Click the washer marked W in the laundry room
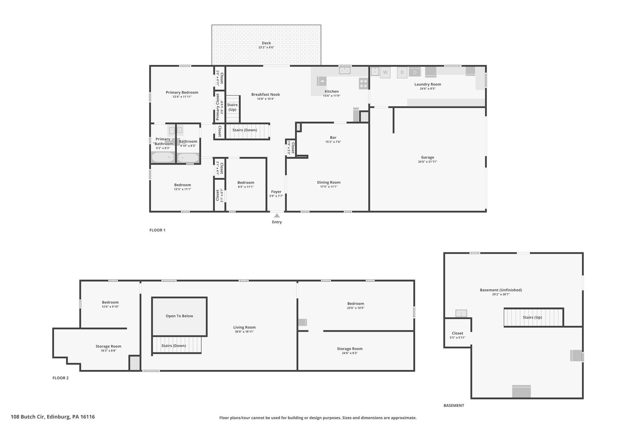tap(385, 72)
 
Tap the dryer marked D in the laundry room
tap(402, 72)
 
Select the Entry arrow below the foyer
tap(277, 215)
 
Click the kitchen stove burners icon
tap(364, 84)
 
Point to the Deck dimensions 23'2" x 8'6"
tap(266, 48)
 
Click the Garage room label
tap(428, 157)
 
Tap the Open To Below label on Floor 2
tap(179, 316)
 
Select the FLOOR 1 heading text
tap(157, 230)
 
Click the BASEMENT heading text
tap(454, 405)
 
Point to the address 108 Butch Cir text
tap(28, 417)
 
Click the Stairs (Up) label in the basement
tap(532, 317)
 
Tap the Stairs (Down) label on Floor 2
tap(174, 346)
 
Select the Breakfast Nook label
tap(266, 94)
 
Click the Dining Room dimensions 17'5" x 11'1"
tap(329, 187)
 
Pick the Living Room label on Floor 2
tap(244, 327)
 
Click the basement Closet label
tap(457, 333)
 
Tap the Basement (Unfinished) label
tap(501, 290)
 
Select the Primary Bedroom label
tap(182, 92)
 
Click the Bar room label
tap(333, 137)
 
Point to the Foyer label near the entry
tap(276, 192)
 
